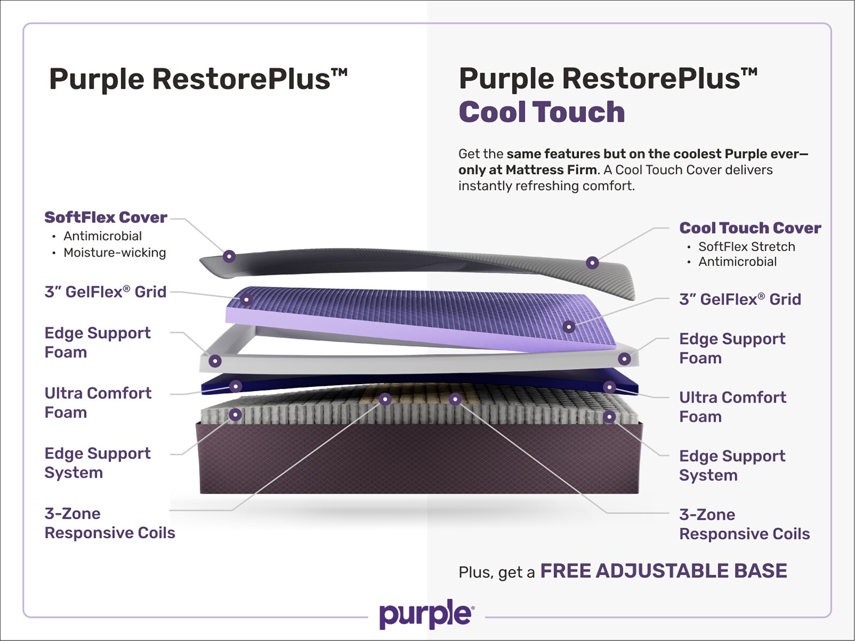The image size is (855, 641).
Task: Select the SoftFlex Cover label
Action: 106,217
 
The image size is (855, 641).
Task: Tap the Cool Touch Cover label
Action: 750,228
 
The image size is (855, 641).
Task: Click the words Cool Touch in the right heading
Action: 542,112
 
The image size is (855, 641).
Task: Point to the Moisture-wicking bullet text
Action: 115,253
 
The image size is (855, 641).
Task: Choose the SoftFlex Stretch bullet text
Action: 747,246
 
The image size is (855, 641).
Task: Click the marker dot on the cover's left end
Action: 229,256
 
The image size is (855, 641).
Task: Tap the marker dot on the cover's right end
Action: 592,263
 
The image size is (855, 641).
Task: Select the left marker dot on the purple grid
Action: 246,300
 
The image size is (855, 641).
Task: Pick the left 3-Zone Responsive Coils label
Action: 110,523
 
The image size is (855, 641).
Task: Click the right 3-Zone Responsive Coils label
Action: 744,524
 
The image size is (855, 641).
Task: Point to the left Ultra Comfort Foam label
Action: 98,403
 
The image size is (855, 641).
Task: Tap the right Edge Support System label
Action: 732,465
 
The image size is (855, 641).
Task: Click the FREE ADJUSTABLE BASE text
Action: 664,571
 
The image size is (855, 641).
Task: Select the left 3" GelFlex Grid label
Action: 106,292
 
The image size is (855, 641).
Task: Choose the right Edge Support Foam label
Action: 732,348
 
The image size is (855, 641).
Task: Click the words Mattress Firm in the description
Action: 551,170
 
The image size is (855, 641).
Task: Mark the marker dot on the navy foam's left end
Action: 235,386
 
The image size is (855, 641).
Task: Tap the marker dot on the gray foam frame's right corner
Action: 624,359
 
